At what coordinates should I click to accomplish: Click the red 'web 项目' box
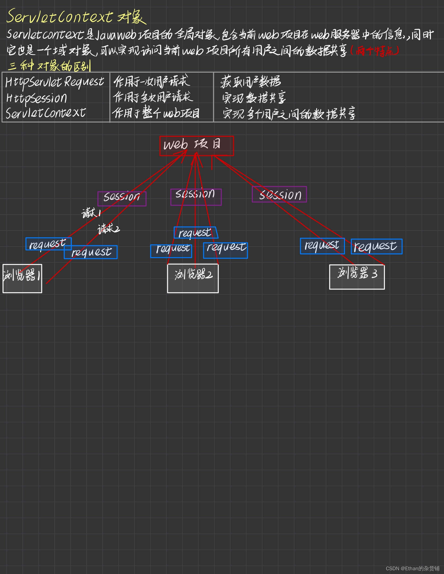[196, 146]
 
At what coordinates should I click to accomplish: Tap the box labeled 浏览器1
[22, 278]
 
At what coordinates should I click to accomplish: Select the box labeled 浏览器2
[193, 278]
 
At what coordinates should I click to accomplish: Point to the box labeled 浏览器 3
[357, 277]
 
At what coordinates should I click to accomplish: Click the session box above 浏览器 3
[279, 195]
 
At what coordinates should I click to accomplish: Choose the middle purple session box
[196, 197]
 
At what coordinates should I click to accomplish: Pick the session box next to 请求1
[122, 199]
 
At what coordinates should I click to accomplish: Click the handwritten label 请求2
[108, 229]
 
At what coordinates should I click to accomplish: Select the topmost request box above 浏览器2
[196, 233]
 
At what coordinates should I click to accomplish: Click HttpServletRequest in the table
[55, 82]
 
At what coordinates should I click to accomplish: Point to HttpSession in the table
[37, 98]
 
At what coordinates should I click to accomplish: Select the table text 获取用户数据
[250, 82]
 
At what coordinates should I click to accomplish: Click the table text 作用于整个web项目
[156, 113]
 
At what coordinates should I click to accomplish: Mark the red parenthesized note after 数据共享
[375, 51]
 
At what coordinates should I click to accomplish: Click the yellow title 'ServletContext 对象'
[76, 16]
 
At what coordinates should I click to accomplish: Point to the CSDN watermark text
[412, 568]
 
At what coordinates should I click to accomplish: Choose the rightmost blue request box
[376, 246]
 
